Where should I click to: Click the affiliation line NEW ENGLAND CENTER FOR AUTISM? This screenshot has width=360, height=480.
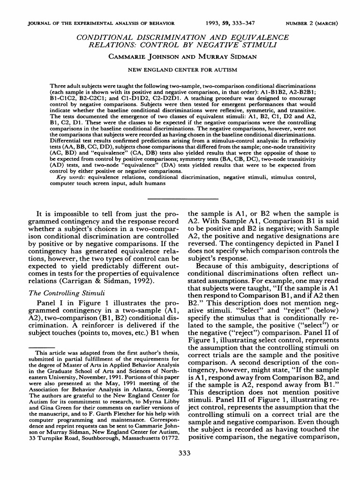point(180,69)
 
